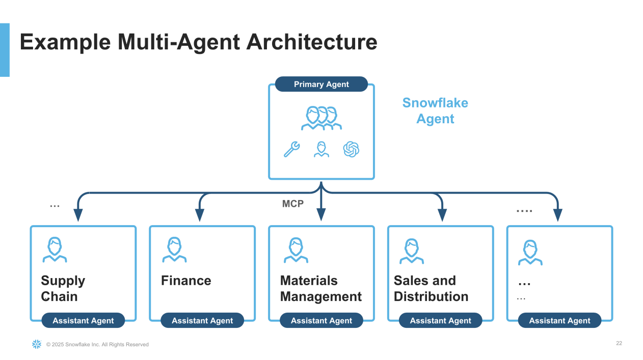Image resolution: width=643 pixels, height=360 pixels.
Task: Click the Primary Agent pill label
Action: point(321,85)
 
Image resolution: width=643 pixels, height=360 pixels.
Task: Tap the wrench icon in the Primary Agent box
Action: point(291,150)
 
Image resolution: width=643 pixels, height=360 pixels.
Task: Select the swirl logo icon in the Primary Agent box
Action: point(351,149)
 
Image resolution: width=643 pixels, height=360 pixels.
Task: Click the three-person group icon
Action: point(321,118)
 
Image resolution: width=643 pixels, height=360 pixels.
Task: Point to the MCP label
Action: point(293,204)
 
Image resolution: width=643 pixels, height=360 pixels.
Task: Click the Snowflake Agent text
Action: point(435,110)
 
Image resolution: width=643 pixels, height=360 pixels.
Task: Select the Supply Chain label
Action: point(63,289)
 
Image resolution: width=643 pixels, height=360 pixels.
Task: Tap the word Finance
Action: point(186,281)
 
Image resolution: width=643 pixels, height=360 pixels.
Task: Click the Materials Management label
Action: point(321,289)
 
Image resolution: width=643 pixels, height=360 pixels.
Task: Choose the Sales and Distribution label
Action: point(431,289)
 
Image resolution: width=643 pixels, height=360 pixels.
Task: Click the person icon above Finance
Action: point(174,250)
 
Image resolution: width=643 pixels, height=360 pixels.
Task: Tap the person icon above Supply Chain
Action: point(55,250)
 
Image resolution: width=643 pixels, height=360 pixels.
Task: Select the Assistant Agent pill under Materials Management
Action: point(321,321)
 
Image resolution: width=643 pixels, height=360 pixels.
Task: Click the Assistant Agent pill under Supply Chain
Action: point(83,321)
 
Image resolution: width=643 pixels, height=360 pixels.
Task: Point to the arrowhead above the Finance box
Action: point(200,214)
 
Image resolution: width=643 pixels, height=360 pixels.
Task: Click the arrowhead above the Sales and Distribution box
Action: point(442,214)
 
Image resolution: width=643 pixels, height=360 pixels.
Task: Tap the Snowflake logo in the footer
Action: point(37,344)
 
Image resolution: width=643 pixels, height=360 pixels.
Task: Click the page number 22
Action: point(619,343)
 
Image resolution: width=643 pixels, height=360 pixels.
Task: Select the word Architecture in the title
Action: point(312,42)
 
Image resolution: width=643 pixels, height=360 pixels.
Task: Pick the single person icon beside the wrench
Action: point(321,149)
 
